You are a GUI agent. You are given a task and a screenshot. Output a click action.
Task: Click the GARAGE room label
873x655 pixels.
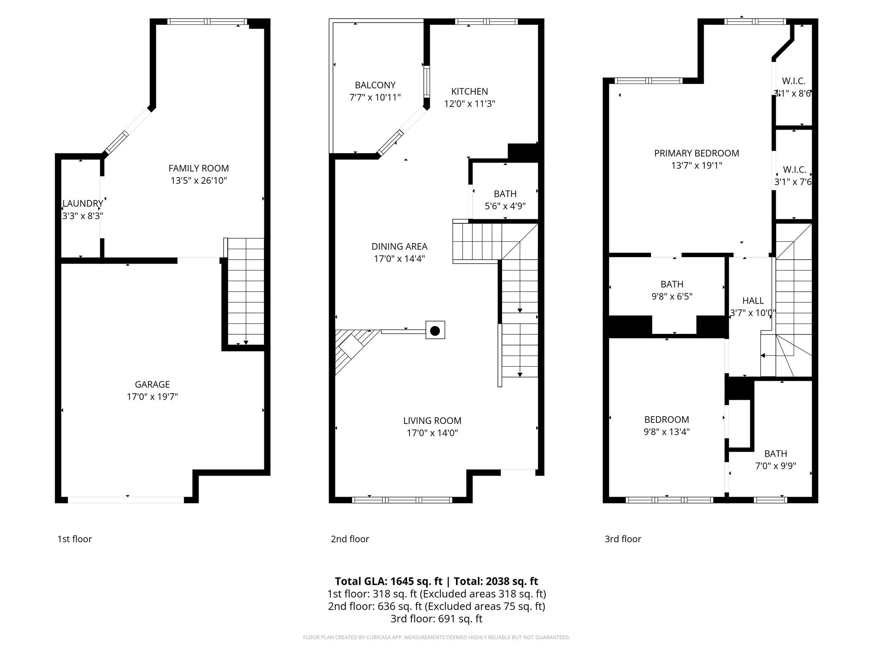[152, 384]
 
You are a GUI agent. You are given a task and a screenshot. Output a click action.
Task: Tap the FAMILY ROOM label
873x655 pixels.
[199, 168]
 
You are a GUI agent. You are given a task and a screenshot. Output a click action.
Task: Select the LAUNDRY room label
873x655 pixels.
[83, 204]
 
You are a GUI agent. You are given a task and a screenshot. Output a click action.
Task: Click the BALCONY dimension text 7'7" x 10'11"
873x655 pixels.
[375, 98]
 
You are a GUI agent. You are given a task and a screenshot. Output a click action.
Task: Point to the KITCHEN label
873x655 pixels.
[469, 91]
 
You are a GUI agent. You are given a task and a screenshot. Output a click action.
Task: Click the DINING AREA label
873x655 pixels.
[399, 246]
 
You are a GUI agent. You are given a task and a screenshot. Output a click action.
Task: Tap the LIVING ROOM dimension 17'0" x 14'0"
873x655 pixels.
[432, 433]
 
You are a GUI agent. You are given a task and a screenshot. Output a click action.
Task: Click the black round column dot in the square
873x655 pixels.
[435, 330]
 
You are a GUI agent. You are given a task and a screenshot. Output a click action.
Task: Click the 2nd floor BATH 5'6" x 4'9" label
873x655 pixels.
[505, 194]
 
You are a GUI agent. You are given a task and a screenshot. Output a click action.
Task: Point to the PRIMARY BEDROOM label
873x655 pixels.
[697, 153]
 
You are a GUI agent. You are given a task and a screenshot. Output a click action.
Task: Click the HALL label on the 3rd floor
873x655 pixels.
[753, 301]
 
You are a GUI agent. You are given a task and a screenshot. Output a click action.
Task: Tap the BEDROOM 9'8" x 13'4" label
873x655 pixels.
[667, 420]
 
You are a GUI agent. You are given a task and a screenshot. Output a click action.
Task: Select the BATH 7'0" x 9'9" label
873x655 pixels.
[775, 454]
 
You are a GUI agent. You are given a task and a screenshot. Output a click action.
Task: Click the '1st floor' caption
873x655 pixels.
[75, 539]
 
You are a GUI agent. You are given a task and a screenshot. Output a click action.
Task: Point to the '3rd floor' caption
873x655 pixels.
[623, 539]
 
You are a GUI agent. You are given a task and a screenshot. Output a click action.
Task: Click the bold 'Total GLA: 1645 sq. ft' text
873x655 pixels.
[388, 581]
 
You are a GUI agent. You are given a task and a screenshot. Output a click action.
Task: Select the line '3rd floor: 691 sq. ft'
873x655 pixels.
[436, 619]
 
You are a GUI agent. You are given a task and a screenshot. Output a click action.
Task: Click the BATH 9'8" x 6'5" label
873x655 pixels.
[672, 284]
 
